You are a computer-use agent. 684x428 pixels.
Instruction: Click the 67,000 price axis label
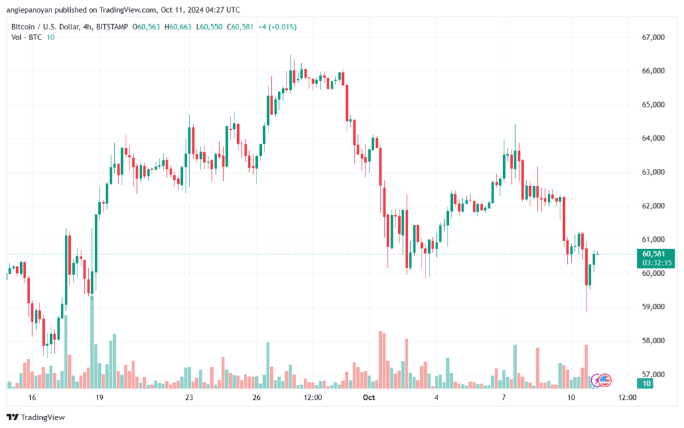[x=653, y=37]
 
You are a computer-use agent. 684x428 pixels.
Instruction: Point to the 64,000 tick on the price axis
[x=653, y=138]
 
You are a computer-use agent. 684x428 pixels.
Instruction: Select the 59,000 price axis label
[x=653, y=307]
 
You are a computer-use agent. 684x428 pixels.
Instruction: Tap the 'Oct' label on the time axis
[x=369, y=397]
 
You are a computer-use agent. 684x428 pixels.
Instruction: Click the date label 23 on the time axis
[x=189, y=397]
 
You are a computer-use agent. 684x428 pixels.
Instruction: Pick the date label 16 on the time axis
[x=32, y=397]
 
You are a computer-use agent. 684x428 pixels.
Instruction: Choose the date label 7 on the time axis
[x=504, y=397]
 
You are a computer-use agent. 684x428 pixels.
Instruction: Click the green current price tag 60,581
[x=653, y=254]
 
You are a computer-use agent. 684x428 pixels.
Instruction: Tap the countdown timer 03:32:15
[x=657, y=263]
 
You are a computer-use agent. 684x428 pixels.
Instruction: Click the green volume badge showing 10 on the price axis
[x=646, y=383]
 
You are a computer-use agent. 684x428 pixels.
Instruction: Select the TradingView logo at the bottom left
[x=36, y=417]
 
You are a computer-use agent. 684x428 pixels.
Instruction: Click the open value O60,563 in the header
[x=146, y=27]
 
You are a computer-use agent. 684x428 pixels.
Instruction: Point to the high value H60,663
[x=178, y=27]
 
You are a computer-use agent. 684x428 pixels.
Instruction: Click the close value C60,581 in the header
[x=240, y=27]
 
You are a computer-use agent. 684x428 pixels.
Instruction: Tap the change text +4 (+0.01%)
[x=277, y=27]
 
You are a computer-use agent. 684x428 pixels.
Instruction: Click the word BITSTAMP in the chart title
[x=112, y=27]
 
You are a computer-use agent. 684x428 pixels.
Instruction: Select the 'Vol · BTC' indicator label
[x=27, y=37]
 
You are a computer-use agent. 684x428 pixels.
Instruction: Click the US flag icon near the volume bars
[x=605, y=381]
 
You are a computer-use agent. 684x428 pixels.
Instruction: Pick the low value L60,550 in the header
[x=209, y=27]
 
